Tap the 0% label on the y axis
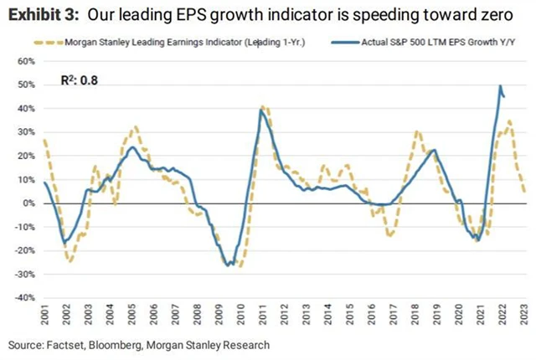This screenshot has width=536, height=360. (27, 203)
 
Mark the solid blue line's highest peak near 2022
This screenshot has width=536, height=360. (500, 85)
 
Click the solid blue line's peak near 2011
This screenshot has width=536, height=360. (261, 110)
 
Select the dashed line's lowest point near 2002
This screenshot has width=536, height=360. (70, 261)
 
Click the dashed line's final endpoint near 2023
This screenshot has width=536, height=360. (524, 192)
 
